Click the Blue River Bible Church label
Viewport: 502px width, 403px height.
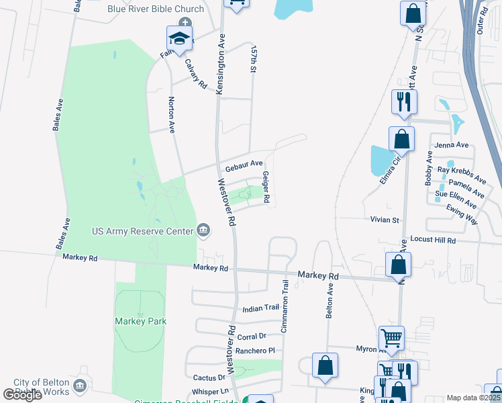pyautogui.click(x=155, y=9)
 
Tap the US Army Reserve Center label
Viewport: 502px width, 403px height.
pyautogui.click(x=142, y=232)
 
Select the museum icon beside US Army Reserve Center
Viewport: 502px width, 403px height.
pyautogui.click(x=204, y=232)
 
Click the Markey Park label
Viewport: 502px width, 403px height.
pyautogui.click(x=140, y=321)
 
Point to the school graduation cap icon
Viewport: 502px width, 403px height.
pyautogui.click(x=180, y=38)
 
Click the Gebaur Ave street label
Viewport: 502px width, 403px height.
pyautogui.click(x=244, y=165)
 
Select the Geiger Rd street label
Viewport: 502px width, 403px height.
pyautogui.click(x=266, y=187)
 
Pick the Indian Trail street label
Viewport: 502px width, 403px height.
pyautogui.click(x=260, y=308)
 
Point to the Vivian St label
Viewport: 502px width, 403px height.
pyautogui.click(x=385, y=220)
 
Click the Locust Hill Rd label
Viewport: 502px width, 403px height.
pyautogui.click(x=432, y=240)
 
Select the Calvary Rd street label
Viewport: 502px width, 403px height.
pyautogui.click(x=195, y=73)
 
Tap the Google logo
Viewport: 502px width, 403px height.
pyautogui.click(x=22, y=395)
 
